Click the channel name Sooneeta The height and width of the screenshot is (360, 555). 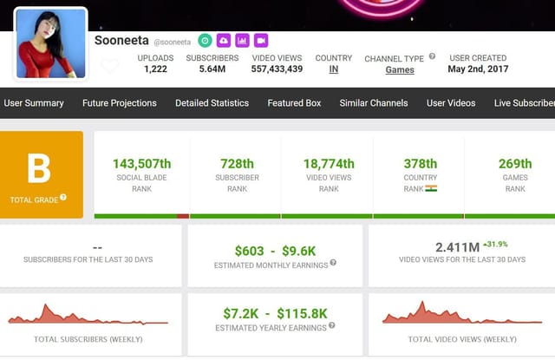click(x=121, y=41)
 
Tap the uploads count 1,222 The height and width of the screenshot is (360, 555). click(x=155, y=69)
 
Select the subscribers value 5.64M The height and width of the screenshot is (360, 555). click(x=212, y=69)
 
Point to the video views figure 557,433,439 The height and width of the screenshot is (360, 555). click(x=277, y=69)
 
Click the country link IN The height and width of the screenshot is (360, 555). click(x=334, y=69)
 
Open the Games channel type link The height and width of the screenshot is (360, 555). click(x=400, y=69)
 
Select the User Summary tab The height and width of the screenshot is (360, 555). click(x=34, y=103)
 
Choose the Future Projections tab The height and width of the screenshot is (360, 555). click(x=120, y=103)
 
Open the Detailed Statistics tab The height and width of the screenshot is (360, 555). click(x=212, y=103)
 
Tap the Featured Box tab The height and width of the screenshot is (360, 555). click(x=294, y=103)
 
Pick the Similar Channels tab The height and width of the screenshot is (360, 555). click(x=374, y=103)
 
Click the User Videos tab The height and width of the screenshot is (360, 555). click(x=451, y=103)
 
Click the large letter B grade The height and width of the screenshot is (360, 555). click(x=39, y=169)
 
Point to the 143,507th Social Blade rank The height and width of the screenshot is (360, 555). click(x=141, y=164)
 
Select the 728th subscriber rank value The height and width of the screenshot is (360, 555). click(x=237, y=164)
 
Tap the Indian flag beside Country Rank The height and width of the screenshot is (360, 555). click(x=432, y=188)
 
